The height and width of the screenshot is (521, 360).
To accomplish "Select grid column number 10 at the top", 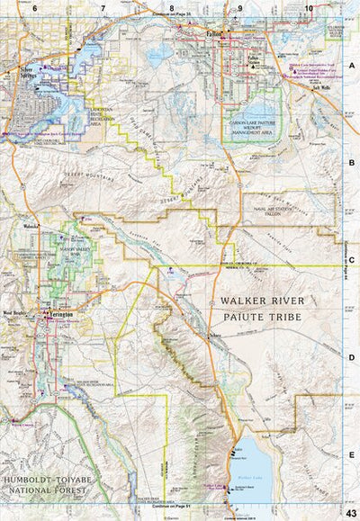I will pos(309,8).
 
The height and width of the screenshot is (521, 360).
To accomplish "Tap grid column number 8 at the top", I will pos(171,8).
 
